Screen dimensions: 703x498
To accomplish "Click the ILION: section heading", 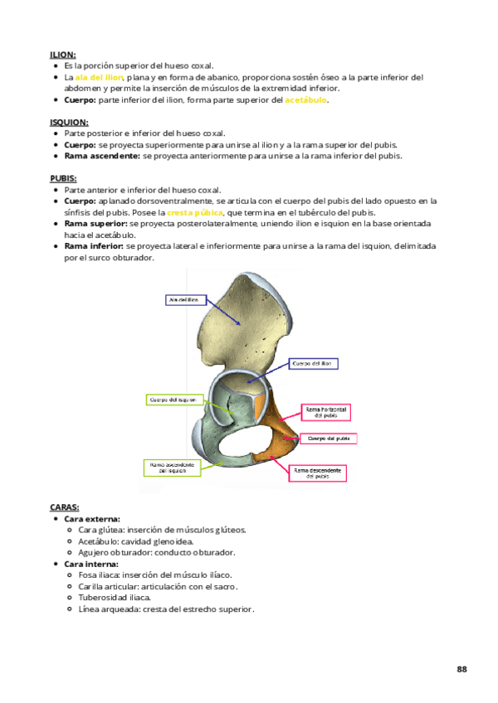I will pyautogui.click(x=62, y=55).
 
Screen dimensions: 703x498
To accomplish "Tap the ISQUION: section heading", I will pyautogui.click(x=69, y=121).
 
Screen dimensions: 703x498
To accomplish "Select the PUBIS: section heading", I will pyautogui.click(x=64, y=178).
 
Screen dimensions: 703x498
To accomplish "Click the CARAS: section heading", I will pyautogui.click(x=65, y=507).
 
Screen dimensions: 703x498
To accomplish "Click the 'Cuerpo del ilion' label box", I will pyautogui.click(x=314, y=363).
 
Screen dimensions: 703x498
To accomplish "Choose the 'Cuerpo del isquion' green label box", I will pyautogui.click(x=173, y=400).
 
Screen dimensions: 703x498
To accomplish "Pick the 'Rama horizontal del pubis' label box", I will pyautogui.click(x=326, y=412).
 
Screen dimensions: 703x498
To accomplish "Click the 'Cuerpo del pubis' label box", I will pyautogui.click(x=330, y=438).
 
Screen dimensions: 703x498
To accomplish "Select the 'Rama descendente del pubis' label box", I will pyautogui.click(x=317, y=473).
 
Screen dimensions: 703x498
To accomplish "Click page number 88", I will pyautogui.click(x=461, y=668).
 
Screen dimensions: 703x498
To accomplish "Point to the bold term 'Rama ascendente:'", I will pyautogui.click(x=102, y=156).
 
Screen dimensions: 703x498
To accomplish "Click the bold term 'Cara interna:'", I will pyautogui.click(x=90, y=564).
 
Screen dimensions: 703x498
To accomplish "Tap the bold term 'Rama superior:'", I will pyautogui.click(x=95, y=224).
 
